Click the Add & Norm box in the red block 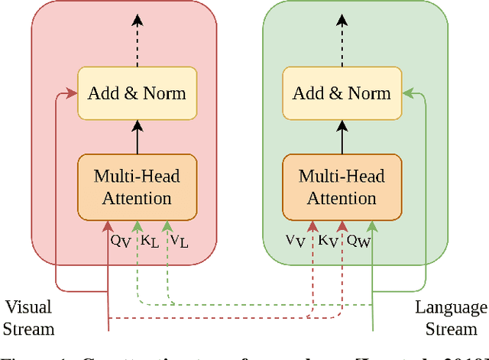coord(137,94)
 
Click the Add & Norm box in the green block coord(342,94)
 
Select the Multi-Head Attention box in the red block coord(137,187)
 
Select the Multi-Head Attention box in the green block coord(342,187)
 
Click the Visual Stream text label coord(29,318)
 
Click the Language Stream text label coord(451,318)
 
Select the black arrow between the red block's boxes coord(137,138)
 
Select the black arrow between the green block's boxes coord(342,138)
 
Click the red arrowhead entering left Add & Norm coord(73,94)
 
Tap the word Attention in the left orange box coord(137,199)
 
